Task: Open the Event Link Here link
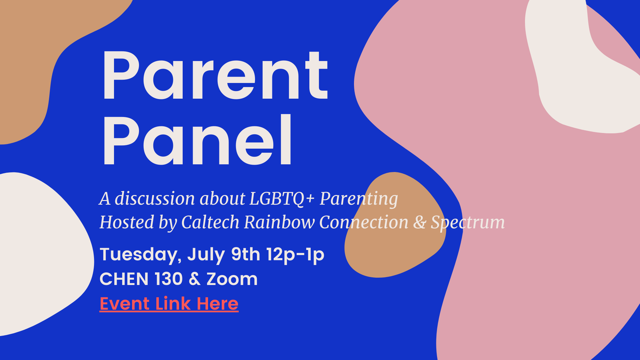coord(169,304)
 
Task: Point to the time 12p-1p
coord(296,255)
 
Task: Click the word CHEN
coord(124,279)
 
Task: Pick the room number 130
coord(168,279)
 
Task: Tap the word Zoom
coord(232,279)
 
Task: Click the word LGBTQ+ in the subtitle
coord(282,199)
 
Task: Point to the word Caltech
coord(210,222)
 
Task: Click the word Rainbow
coord(279,222)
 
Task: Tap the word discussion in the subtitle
coord(155,198)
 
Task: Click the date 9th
coord(245,254)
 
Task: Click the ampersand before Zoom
coord(195,279)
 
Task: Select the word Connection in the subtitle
coord(364,222)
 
